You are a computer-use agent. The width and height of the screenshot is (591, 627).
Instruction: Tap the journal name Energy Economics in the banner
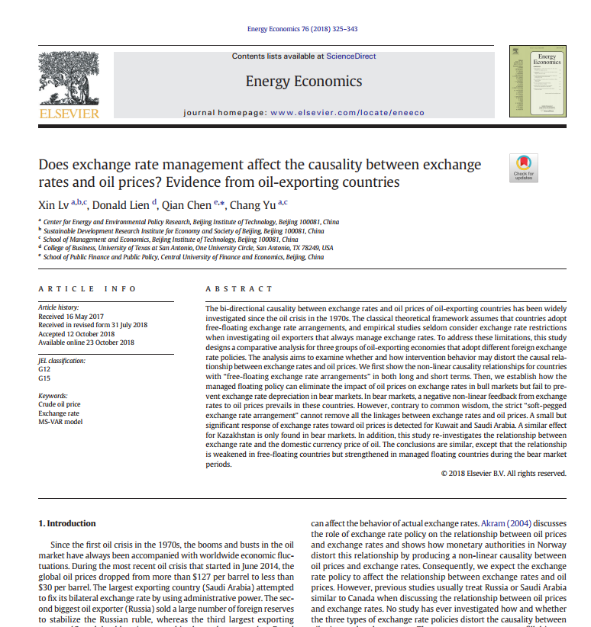(x=303, y=81)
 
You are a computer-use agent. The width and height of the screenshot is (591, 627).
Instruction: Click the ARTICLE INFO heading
(x=87, y=289)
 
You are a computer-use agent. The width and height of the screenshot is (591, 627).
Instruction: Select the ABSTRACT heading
(x=239, y=289)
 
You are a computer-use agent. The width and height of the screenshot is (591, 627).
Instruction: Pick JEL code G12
(x=44, y=368)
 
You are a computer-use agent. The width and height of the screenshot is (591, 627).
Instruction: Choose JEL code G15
(x=44, y=378)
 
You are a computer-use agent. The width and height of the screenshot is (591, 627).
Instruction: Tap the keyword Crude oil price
(x=59, y=404)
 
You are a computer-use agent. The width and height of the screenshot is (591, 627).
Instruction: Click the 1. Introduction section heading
(x=67, y=523)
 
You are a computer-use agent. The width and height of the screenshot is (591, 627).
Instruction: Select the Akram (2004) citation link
(x=507, y=524)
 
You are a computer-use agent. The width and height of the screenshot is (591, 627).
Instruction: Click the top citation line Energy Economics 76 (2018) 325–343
(x=302, y=29)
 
